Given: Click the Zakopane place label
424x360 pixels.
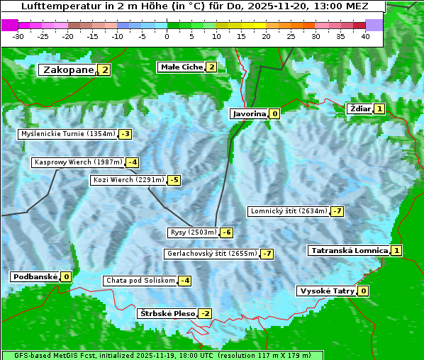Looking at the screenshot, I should click(68, 69).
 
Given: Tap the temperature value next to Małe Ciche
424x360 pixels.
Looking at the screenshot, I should click(211, 67).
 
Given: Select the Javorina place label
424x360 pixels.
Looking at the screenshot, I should click(249, 113).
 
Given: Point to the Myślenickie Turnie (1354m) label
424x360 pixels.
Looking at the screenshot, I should click(67, 133).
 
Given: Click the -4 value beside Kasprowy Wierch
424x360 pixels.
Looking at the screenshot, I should click(133, 162).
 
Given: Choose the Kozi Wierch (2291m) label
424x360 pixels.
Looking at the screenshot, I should click(128, 180).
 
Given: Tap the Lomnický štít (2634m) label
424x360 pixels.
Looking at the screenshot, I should click(289, 211).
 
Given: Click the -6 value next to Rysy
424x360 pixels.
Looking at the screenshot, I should click(227, 232).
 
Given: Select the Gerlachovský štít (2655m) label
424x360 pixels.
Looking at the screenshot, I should click(211, 254).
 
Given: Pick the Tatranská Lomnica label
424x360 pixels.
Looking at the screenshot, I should click(349, 250).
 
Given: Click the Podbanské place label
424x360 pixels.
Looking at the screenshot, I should click(34, 276).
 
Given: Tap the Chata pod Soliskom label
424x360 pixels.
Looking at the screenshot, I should click(140, 281).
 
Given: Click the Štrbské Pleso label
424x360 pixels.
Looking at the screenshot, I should click(167, 313).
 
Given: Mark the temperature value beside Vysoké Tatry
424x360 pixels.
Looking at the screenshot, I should click(364, 291).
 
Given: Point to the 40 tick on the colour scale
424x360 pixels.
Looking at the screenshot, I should click(365, 36).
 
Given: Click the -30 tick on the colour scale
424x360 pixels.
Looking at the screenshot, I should click(18, 36).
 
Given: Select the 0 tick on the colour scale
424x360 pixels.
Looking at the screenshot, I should click(167, 36).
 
